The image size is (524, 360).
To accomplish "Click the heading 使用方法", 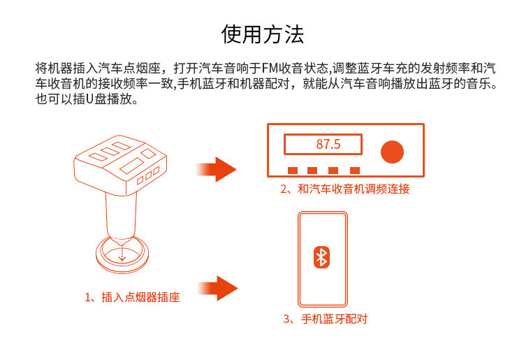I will [x=262, y=34].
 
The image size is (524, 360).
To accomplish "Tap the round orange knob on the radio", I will [x=392, y=152].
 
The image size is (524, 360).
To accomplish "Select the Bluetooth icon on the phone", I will [x=321, y=257].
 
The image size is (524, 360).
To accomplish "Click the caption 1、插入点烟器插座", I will [x=132, y=297].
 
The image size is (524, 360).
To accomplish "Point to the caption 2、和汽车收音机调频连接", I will [x=344, y=189].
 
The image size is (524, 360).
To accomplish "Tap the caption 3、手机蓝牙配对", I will [x=325, y=319].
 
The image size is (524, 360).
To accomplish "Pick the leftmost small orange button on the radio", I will [x=291, y=170].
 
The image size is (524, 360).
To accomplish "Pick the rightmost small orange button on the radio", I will [x=355, y=170].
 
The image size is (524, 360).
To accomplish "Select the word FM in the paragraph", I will [x=270, y=69].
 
